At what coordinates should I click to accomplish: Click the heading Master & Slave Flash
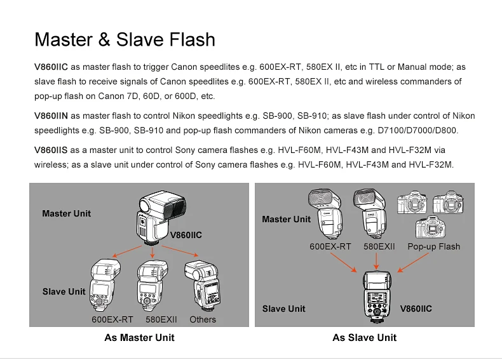click(125, 39)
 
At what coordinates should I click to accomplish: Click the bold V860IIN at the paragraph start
click(51, 116)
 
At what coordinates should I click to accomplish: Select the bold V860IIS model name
click(51, 150)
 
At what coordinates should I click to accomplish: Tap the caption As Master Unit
click(139, 338)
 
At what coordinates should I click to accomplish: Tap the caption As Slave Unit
click(364, 338)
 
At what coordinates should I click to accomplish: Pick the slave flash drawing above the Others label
click(203, 285)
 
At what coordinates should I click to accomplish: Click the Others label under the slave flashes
click(203, 319)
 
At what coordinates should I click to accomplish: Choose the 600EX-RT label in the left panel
click(112, 319)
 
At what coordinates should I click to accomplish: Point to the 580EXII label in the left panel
click(161, 319)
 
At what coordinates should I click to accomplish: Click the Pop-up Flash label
click(434, 246)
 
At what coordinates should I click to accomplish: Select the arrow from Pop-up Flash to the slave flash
click(413, 263)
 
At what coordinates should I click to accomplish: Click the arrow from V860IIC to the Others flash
click(180, 251)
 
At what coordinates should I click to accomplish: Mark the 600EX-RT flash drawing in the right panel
click(325, 214)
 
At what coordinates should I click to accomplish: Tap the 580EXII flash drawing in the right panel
click(370, 213)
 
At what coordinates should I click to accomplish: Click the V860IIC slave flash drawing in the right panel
click(377, 297)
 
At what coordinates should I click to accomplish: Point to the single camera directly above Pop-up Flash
click(431, 227)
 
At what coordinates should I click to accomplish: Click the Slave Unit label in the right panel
click(283, 309)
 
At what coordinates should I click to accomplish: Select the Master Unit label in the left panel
click(66, 213)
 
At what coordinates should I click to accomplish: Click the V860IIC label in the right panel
click(416, 309)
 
